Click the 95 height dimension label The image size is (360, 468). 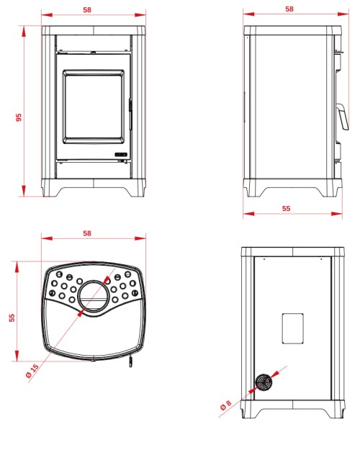(x=19, y=117)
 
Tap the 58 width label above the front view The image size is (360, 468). (x=87, y=10)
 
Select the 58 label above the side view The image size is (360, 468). (x=289, y=9)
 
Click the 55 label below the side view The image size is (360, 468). (x=287, y=208)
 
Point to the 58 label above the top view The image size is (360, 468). (x=87, y=233)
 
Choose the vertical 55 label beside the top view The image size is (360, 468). (x=12, y=318)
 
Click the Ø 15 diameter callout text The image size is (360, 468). (x=32, y=371)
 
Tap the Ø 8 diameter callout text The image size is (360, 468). (x=226, y=405)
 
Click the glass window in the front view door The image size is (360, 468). (x=94, y=107)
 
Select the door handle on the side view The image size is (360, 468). (x=343, y=117)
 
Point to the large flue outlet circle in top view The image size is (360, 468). (x=94, y=297)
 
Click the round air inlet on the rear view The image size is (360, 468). (x=264, y=382)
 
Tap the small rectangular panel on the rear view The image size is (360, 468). (x=293, y=328)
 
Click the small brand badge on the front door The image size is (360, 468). (x=121, y=155)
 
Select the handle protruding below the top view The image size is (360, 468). (x=130, y=361)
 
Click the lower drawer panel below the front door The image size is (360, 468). (x=94, y=170)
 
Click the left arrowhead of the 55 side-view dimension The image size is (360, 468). (x=248, y=213)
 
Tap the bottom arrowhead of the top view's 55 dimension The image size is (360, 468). (x=17, y=356)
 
